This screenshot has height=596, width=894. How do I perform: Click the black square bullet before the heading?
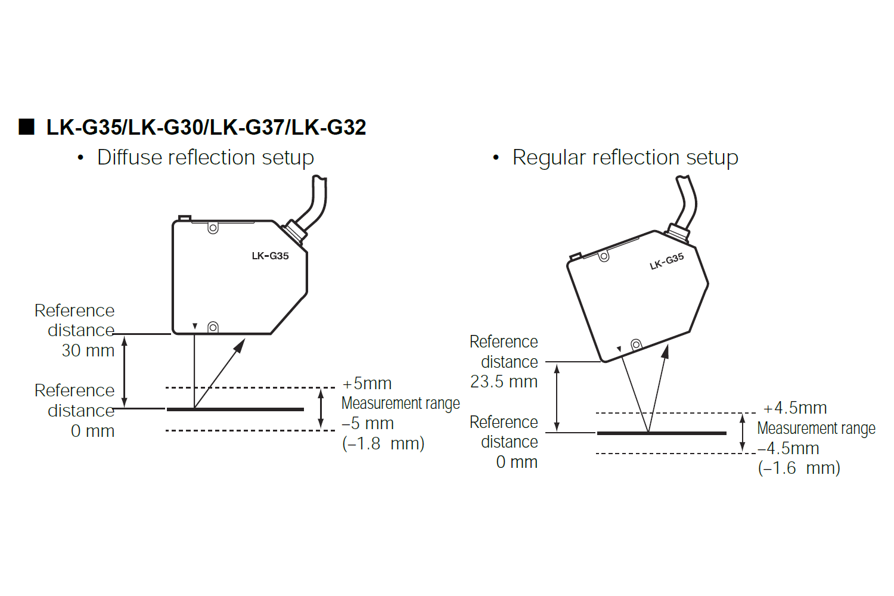(26, 127)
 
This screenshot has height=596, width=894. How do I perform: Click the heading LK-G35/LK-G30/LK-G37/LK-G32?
(206, 128)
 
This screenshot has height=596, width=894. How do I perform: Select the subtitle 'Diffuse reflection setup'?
(206, 157)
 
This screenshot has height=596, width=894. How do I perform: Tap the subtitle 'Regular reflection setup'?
(625, 157)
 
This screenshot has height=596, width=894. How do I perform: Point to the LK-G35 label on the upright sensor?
(270, 256)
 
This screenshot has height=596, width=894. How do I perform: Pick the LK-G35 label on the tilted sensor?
(666, 262)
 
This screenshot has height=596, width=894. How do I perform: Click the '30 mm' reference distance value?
(88, 350)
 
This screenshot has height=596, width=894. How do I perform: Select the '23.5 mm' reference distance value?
(504, 381)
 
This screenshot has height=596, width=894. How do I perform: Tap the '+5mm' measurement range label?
(367, 383)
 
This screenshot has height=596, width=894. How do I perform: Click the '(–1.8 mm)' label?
(383, 443)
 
